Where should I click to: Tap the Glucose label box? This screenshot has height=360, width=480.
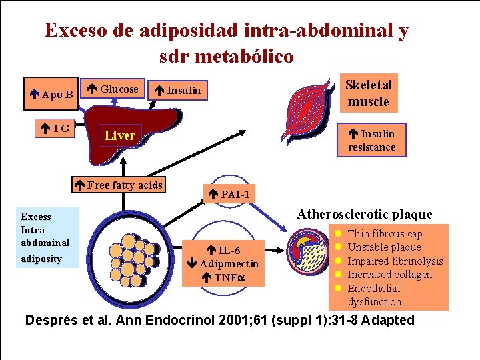(x=114, y=89)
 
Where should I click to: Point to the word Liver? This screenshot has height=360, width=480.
(x=120, y=135)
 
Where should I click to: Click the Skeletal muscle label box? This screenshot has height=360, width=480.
(x=368, y=93)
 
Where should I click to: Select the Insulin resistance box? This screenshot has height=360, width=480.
(x=371, y=140)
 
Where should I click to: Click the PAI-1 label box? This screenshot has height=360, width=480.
(x=229, y=195)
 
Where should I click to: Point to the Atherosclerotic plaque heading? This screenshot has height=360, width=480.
(x=364, y=215)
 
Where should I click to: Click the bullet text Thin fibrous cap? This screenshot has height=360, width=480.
(x=385, y=234)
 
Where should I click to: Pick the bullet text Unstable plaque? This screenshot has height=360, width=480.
(x=384, y=247)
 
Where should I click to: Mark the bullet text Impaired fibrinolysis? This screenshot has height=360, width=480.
(x=395, y=261)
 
